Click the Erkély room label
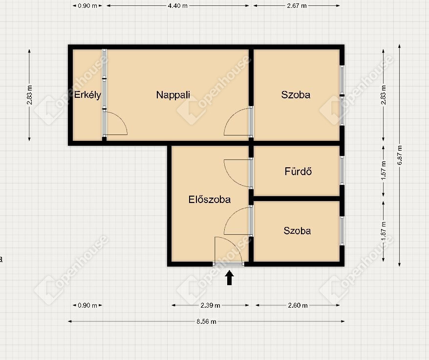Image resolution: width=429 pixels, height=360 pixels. coord(87,95)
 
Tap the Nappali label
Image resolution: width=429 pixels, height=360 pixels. coord(173,95)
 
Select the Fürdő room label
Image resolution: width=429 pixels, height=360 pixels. coord(298,171)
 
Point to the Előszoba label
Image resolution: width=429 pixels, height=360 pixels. coord(209,199)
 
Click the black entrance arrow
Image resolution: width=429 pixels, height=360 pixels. coord(230,277)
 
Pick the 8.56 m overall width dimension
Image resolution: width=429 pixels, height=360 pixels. coord(206,321)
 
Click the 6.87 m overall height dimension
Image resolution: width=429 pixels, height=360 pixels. coord(400,155)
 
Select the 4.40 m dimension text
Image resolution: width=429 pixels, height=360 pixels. coord(177,6)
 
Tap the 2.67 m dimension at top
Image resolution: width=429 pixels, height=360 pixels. coord(297,6)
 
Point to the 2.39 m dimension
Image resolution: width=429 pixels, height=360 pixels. coord(210,305)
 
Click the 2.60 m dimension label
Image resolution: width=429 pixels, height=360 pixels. coord(298,305)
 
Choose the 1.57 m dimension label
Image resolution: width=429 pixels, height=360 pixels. coord(384,170)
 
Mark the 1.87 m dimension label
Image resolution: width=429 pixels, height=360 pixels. coord(384,231)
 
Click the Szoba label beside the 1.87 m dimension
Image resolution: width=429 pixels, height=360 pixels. coord(297,231)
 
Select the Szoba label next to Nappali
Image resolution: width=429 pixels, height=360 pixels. coord(296,95)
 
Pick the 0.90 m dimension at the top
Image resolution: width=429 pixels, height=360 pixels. coord(87,6)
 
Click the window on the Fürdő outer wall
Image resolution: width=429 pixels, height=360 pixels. coord(342,170)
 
